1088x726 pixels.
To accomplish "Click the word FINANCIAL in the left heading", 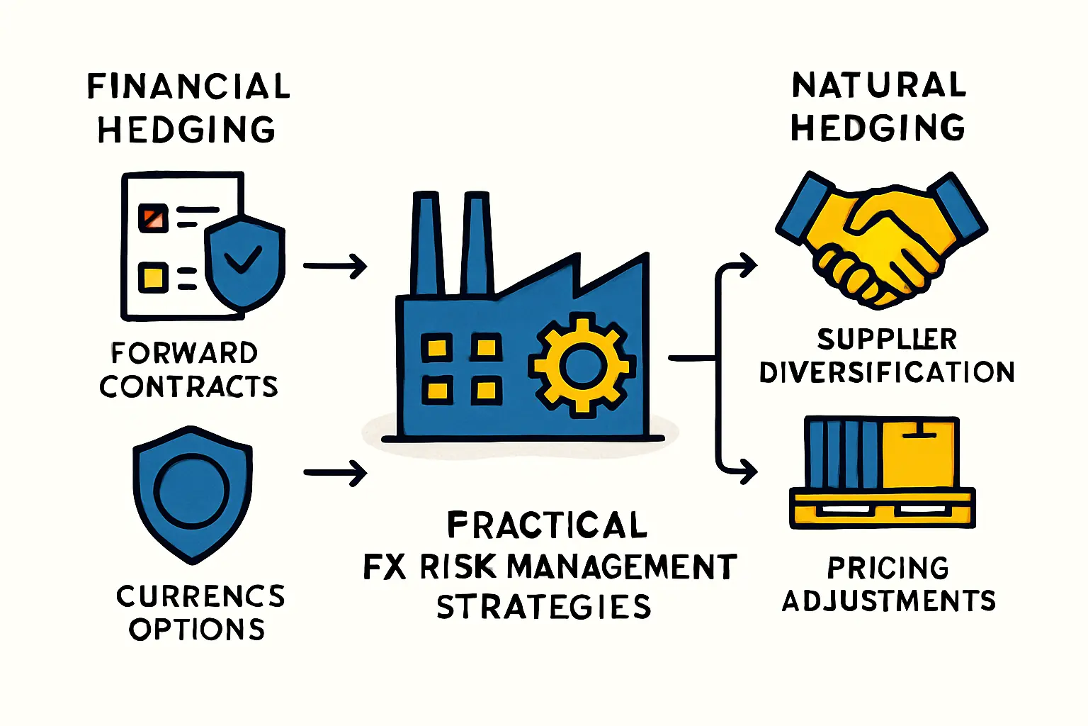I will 188,86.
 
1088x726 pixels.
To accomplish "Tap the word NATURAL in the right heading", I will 878,85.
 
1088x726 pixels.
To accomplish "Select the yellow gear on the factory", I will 581,365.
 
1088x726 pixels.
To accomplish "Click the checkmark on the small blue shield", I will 242,260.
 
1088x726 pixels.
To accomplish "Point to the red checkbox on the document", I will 153,218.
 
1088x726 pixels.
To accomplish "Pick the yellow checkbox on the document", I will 153,277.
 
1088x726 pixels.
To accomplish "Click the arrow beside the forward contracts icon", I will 335,267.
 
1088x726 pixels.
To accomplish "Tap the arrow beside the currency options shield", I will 335,472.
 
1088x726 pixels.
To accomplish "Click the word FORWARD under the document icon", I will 184,353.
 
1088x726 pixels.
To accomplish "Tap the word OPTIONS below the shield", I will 197,630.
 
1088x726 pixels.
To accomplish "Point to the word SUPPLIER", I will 887,340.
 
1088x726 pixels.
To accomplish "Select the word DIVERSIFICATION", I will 887,373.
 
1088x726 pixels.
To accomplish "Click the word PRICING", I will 888,568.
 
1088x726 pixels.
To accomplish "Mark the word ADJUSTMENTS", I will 889,601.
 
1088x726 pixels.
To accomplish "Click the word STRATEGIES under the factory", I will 543,608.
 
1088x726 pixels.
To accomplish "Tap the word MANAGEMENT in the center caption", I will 622,567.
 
